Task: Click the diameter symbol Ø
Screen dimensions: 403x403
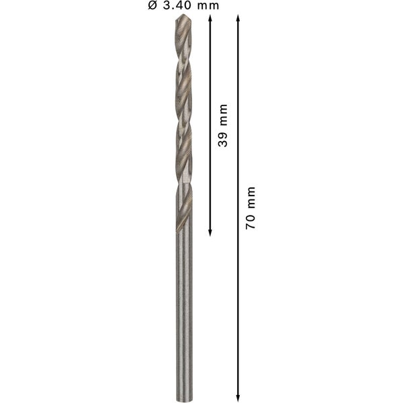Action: [x=152, y=5]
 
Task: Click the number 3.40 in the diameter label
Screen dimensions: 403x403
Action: [x=178, y=5]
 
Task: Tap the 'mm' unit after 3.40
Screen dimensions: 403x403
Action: [x=208, y=6]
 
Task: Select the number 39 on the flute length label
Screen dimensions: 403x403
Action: [x=222, y=140]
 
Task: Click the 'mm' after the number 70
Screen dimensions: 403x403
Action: [x=251, y=197]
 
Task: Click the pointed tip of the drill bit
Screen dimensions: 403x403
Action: [x=183, y=14]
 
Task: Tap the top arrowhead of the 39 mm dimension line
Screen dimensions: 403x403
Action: [x=210, y=17]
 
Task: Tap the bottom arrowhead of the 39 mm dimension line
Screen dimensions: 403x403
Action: [x=210, y=232]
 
